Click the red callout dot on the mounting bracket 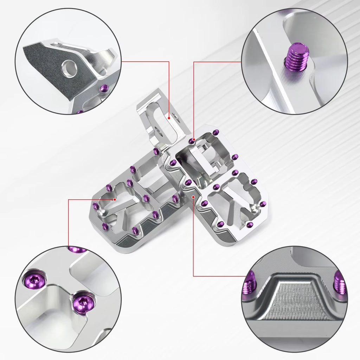click(x=169, y=118)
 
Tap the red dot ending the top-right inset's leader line click(x=194, y=140)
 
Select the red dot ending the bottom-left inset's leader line click(x=115, y=199)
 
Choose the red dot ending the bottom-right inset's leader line click(x=194, y=198)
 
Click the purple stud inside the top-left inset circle click(x=104, y=88)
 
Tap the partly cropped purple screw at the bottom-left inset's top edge click(x=77, y=249)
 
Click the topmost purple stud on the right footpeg click(x=216, y=132)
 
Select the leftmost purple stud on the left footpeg click(x=95, y=206)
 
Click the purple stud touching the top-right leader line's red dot click(x=191, y=141)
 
